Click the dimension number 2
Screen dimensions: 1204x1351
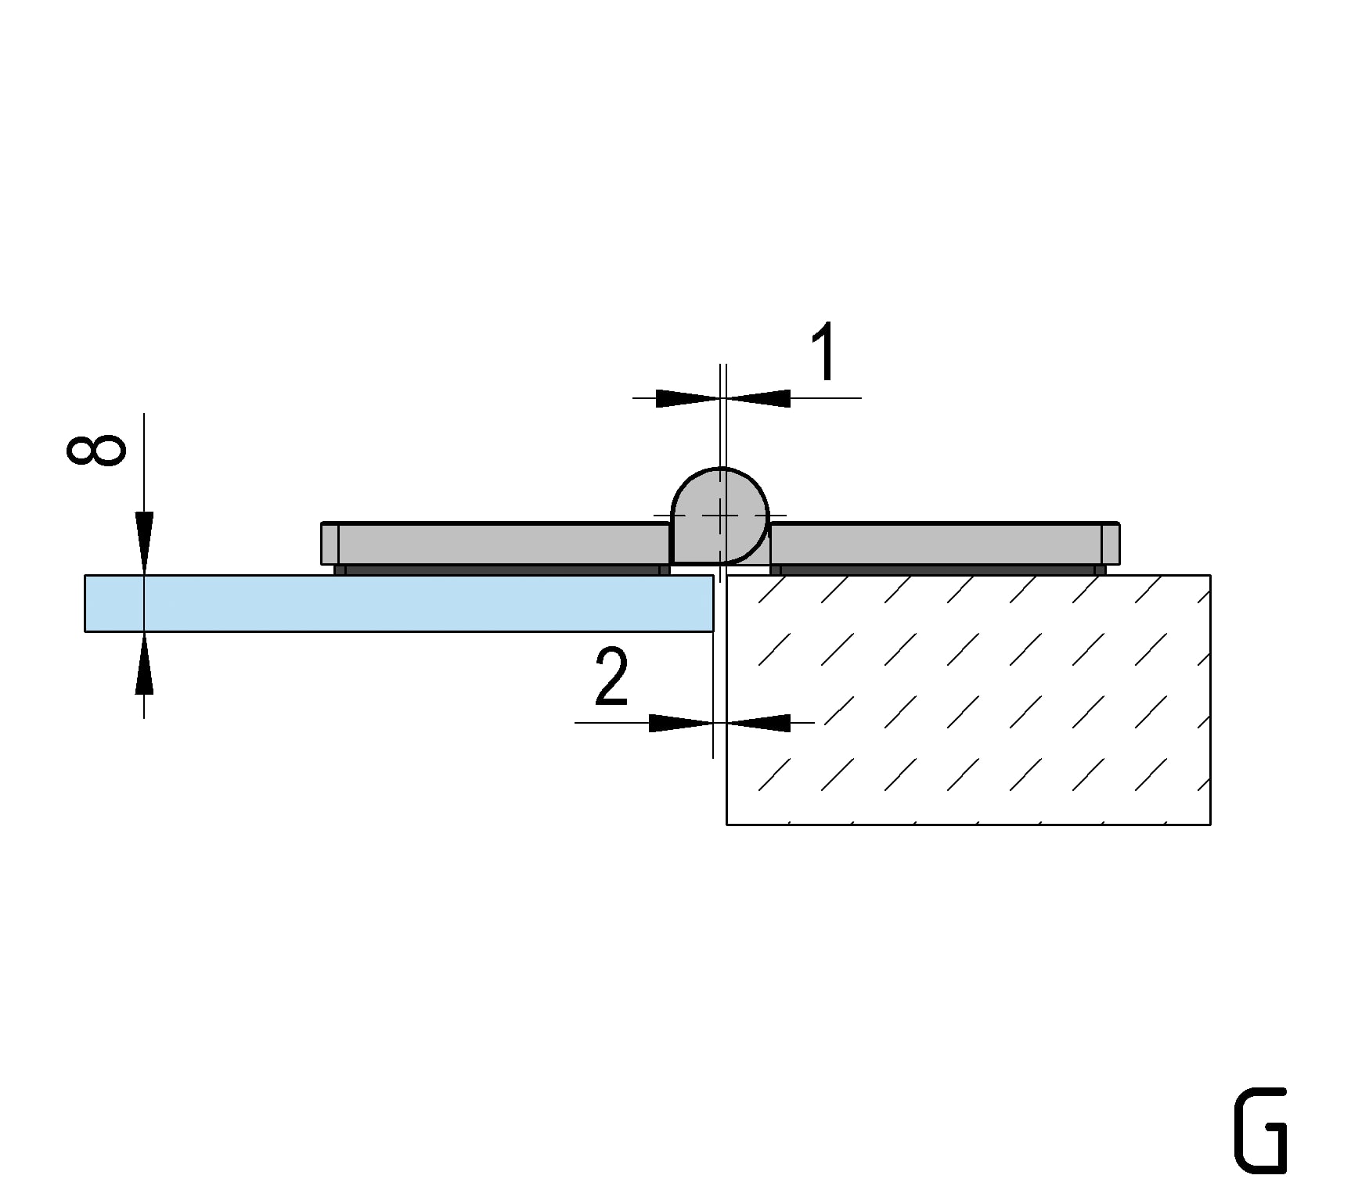[611, 677]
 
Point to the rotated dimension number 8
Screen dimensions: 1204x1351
[96, 450]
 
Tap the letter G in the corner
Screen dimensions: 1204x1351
[1260, 1130]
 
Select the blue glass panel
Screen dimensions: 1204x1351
[391, 603]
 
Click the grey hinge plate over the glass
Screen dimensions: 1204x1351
[501, 544]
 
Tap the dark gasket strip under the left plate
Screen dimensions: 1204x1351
[501, 570]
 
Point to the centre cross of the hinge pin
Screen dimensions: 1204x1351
[721, 516]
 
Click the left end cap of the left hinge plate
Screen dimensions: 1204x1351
[330, 544]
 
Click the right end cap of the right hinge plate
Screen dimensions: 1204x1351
[1111, 544]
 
